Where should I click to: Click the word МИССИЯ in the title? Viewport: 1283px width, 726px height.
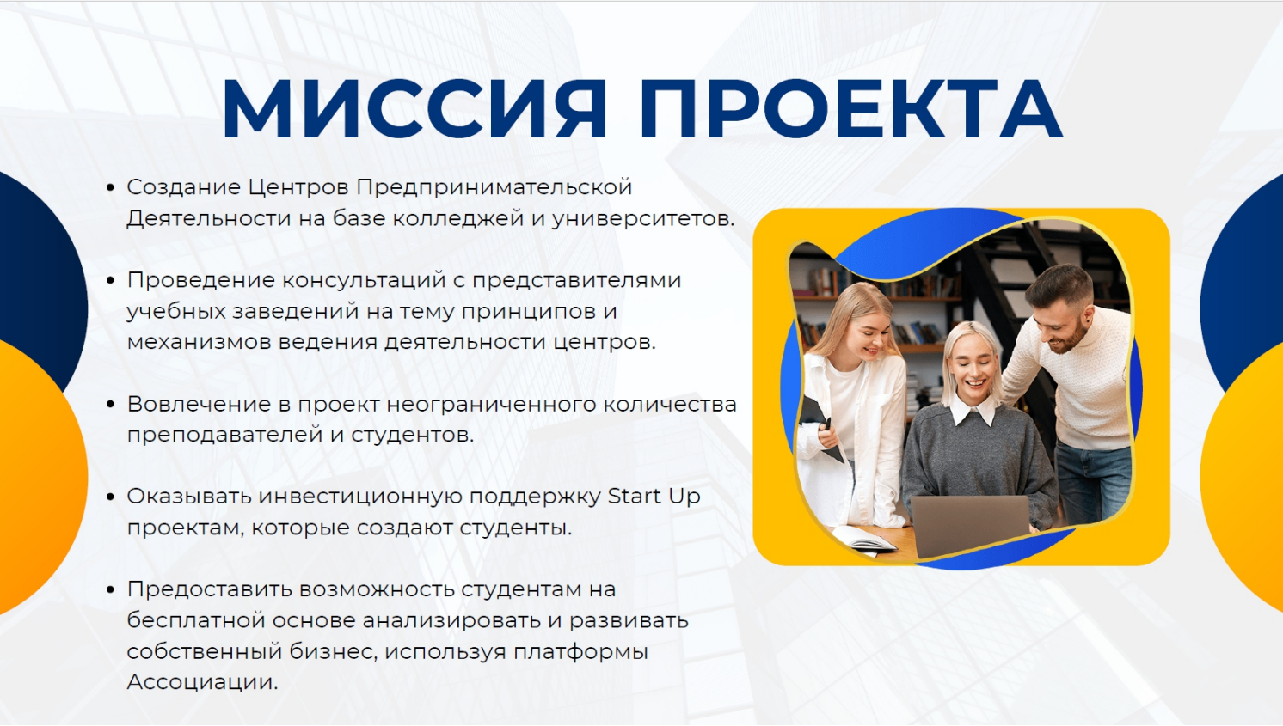[414, 109]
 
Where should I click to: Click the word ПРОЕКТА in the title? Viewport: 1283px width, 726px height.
[850, 109]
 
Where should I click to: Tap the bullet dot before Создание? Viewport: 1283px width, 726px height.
[110, 187]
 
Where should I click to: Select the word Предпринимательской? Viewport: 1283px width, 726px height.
[494, 187]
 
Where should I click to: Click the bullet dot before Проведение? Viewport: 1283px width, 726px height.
[110, 280]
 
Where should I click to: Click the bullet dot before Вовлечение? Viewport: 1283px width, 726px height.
[110, 404]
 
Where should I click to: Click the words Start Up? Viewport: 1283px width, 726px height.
[654, 497]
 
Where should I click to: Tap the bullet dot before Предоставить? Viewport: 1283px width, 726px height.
[110, 589]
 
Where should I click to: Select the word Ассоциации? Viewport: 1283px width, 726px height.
[202, 682]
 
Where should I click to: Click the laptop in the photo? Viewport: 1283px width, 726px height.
[969, 524]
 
